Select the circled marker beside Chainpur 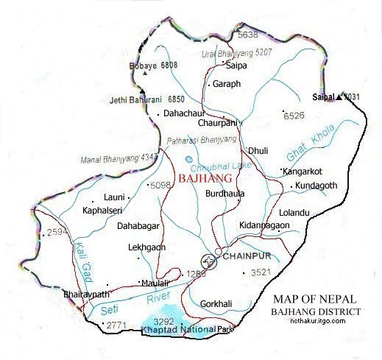point(210,261)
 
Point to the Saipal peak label point(323,96)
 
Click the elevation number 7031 point(353,96)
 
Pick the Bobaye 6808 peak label point(155,66)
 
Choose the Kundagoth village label point(316,186)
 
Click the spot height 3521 point(261,273)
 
